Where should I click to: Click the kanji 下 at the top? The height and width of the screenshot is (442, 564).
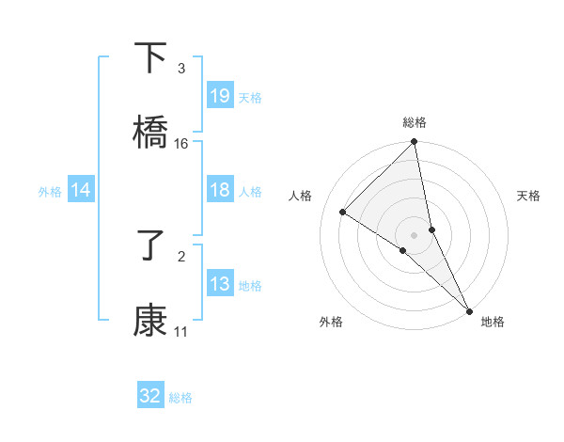tap(150, 58)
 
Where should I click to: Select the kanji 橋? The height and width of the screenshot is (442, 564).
tap(150, 133)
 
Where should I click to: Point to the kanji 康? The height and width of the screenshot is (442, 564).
tap(150, 321)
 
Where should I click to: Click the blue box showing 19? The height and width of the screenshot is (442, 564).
tap(220, 96)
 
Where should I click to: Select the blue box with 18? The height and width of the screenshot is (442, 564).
tap(220, 190)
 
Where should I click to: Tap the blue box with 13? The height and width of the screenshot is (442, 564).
tap(220, 284)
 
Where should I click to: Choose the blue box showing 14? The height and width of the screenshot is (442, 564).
tap(81, 191)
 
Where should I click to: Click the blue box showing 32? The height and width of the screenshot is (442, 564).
tap(150, 396)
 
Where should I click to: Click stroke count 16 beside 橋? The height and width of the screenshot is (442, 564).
tap(181, 144)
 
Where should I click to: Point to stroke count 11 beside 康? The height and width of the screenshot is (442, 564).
tap(181, 332)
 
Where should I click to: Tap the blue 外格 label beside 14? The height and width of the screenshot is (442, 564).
tap(50, 192)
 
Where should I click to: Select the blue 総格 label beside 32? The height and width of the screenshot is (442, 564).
tap(180, 398)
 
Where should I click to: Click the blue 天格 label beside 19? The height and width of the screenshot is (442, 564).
tap(250, 97)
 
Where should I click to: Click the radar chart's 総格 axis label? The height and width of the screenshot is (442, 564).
tap(415, 123)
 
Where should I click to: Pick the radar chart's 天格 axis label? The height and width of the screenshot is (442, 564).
tap(529, 196)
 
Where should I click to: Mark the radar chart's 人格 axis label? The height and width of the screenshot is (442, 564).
tap(301, 196)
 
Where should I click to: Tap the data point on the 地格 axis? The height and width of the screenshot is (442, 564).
tap(469, 309)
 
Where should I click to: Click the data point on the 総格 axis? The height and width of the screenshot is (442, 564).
tap(415, 143)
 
